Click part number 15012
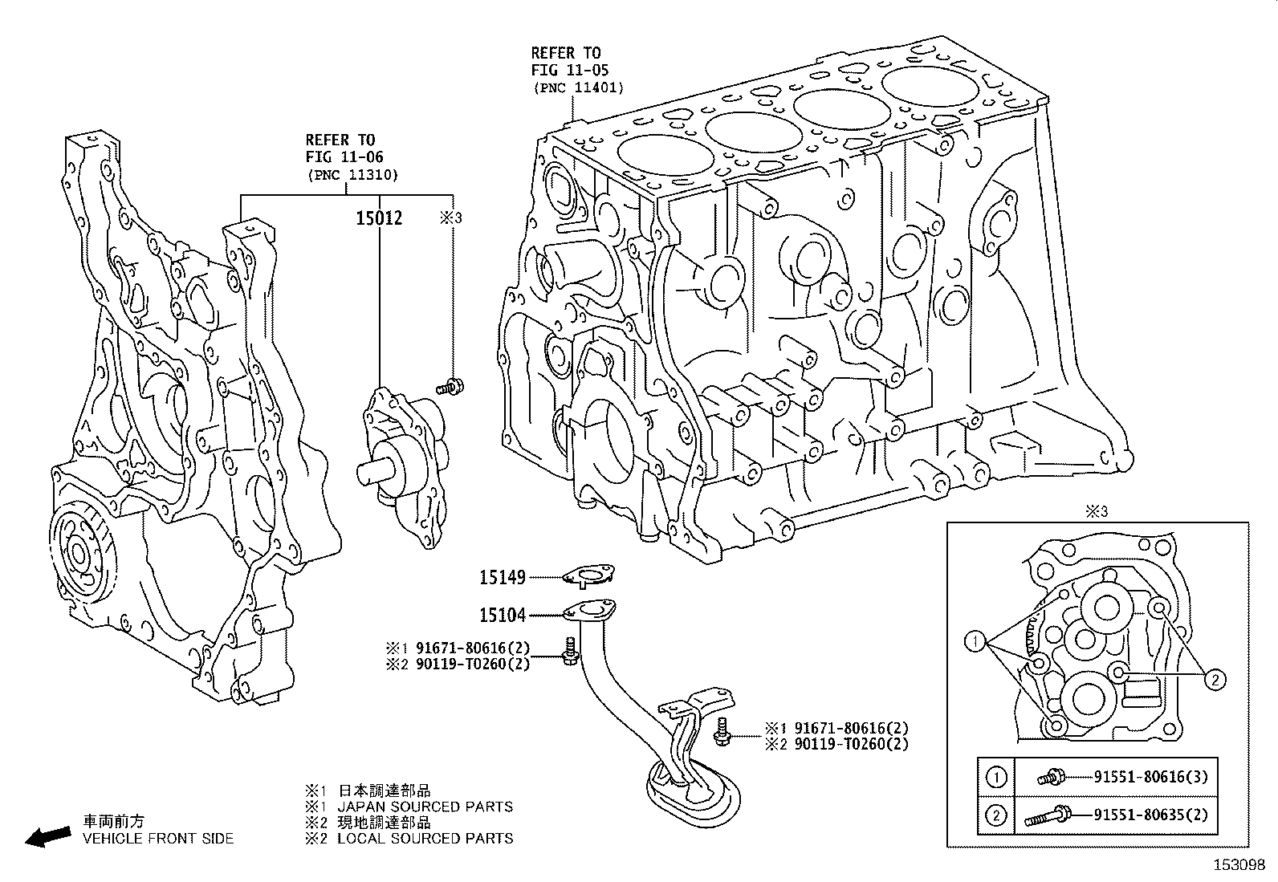(380, 218)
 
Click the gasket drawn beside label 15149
(588, 575)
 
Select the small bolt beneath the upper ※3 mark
(451, 387)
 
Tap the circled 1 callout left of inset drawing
(975, 640)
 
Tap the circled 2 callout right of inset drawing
(1215, 680)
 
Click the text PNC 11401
(577, 88)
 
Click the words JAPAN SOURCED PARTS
(424, 807)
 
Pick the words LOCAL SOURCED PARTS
(424, 839)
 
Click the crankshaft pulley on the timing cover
(80, 554)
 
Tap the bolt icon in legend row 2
(1047, 817)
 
